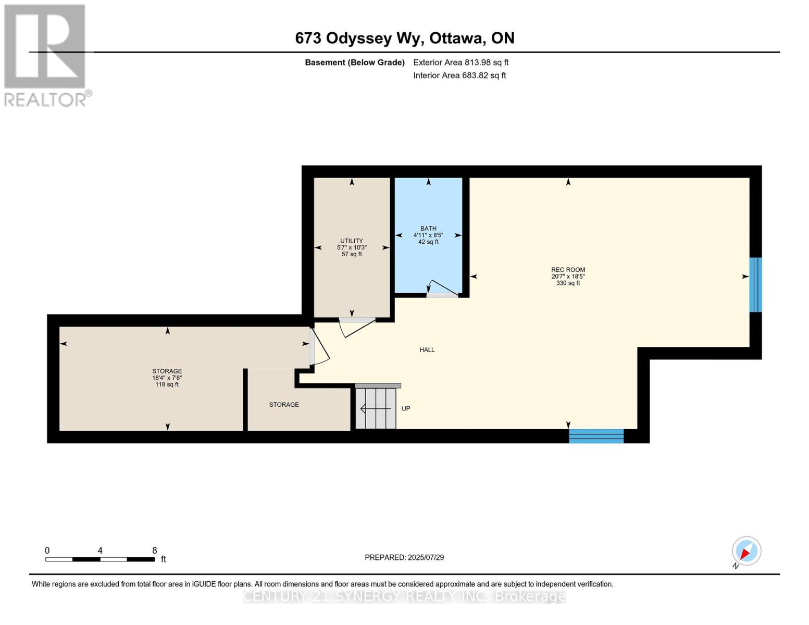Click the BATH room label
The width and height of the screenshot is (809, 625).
pyautogui.click(x=428, y=228)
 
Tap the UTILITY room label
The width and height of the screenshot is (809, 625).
pyautogui.click(x=352, y=241)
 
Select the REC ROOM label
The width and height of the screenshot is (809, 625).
pyautogui.click(x=568, y=269)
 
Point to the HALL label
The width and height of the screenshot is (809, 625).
pyautogui.click(x=427, y=349)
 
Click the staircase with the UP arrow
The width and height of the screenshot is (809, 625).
pyautogui.click(x=376, y=408)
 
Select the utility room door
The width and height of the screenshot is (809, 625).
pyautogui.click(x=357, y=328)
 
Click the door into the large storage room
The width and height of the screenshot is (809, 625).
pyautogui.click(x=319, y=346)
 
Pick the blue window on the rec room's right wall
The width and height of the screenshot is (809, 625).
pyautogui.click(x=755, y=285)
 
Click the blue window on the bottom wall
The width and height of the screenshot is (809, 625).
pyautogui.click(x=596, y=436)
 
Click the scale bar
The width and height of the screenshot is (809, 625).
pyautogui.click(x=100, y=559)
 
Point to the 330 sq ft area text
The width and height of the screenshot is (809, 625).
pyautogui.click(x=568, y=283)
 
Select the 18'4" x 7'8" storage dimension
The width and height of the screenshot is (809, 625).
pyautogui.click(x=167, y=378)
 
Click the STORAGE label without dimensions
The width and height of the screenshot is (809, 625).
pyautogui.click(x=284, y=405)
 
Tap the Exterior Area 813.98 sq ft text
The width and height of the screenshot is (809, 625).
pyautogui.click(x=460, y=63)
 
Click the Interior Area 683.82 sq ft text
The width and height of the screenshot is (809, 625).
pyautogui.click(x=459, y=75)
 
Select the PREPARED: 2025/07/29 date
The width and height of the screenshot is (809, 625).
pyautogui.click(x=404, y=557)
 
